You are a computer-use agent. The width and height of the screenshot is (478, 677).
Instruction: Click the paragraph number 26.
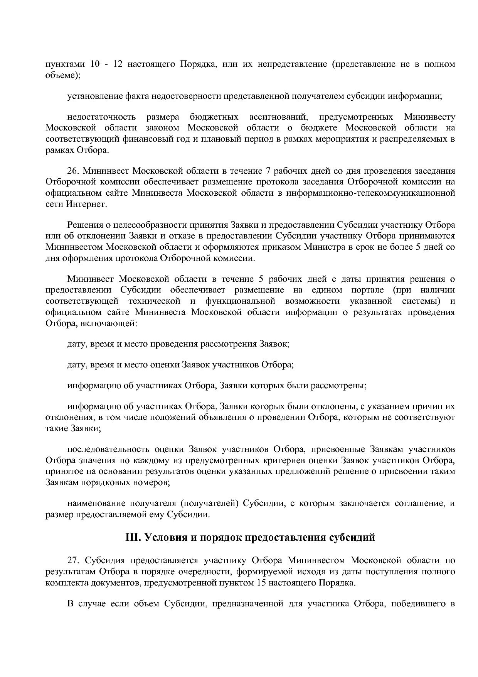(73, 171)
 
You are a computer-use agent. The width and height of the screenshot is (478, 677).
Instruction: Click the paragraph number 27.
(73, 560)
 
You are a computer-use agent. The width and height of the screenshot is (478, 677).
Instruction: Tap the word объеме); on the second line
(63, 75)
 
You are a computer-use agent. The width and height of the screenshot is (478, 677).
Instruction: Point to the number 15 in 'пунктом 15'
(260, 582)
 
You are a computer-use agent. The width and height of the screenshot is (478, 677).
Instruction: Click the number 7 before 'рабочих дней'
(268, 171)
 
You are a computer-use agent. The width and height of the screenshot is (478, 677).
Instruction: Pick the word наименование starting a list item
(96, 503)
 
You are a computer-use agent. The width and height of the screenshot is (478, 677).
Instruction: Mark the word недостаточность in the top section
(101, 117)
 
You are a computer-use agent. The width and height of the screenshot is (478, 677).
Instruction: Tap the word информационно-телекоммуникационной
(370, 193)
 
